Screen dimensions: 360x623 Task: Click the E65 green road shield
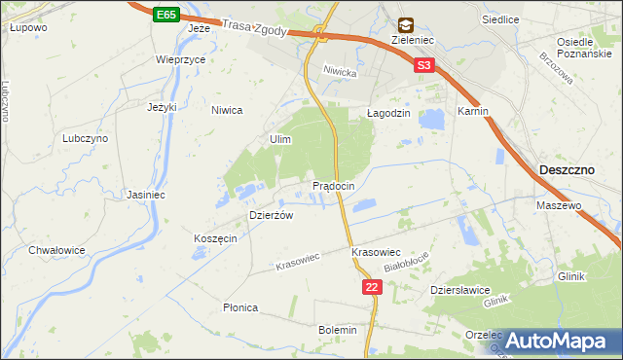pos(165,15)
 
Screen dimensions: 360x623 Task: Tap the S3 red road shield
pos(422,66)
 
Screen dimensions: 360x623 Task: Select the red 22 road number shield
pos(372,287)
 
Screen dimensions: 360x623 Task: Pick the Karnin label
pos(472,112)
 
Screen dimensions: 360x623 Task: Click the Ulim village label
pos(280,140)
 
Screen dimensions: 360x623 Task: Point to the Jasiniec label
pos(144,195)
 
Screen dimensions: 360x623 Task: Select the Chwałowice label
pos(57,250)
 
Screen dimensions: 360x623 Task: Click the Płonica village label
pos(240,307)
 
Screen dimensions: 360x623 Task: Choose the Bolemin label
pos(338,330)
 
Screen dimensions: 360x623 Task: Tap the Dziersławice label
pos(459,290)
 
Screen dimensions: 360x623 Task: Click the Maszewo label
pos(559,206)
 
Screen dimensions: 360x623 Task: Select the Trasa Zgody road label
pos(254,30)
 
